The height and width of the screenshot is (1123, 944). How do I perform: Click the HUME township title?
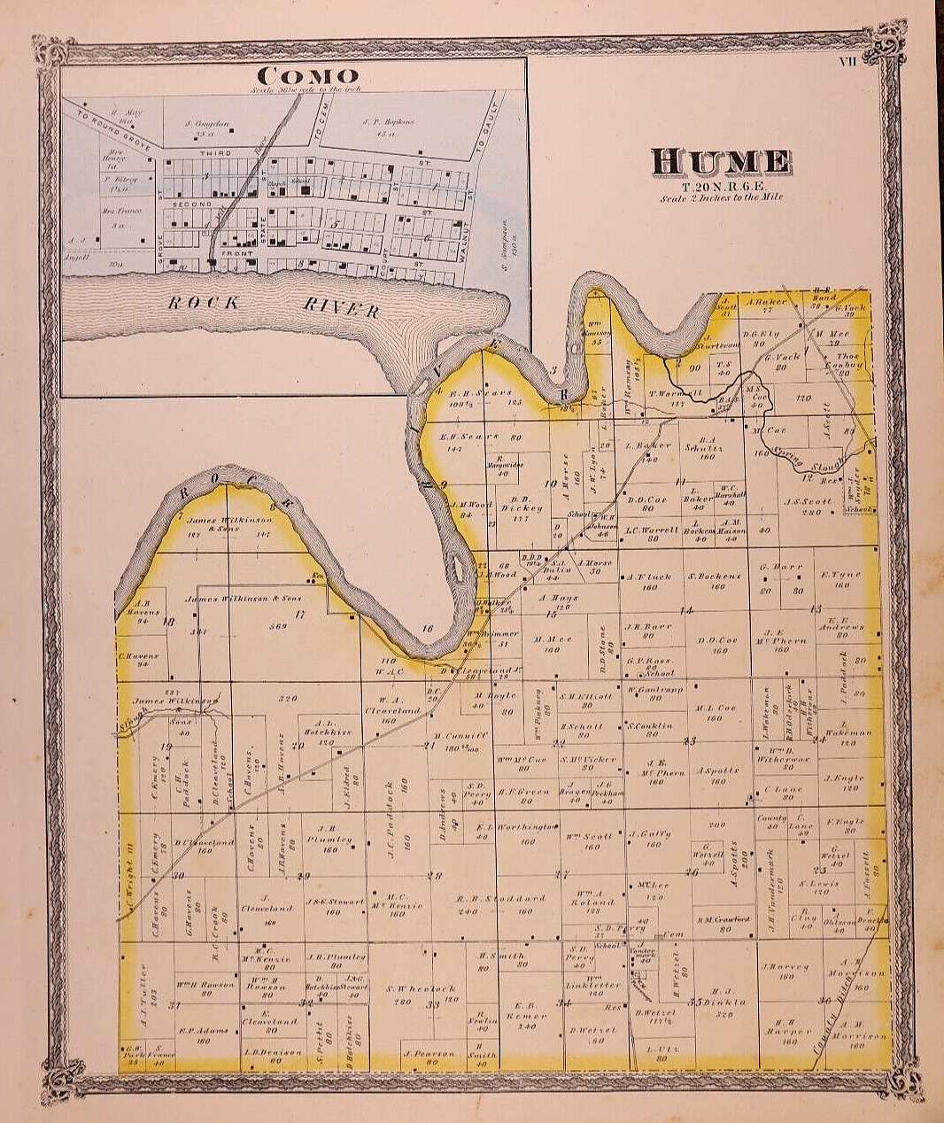(721, 161)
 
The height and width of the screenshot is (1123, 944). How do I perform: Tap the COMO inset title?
(304, 75)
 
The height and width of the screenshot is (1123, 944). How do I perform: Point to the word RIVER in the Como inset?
(341, 307)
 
